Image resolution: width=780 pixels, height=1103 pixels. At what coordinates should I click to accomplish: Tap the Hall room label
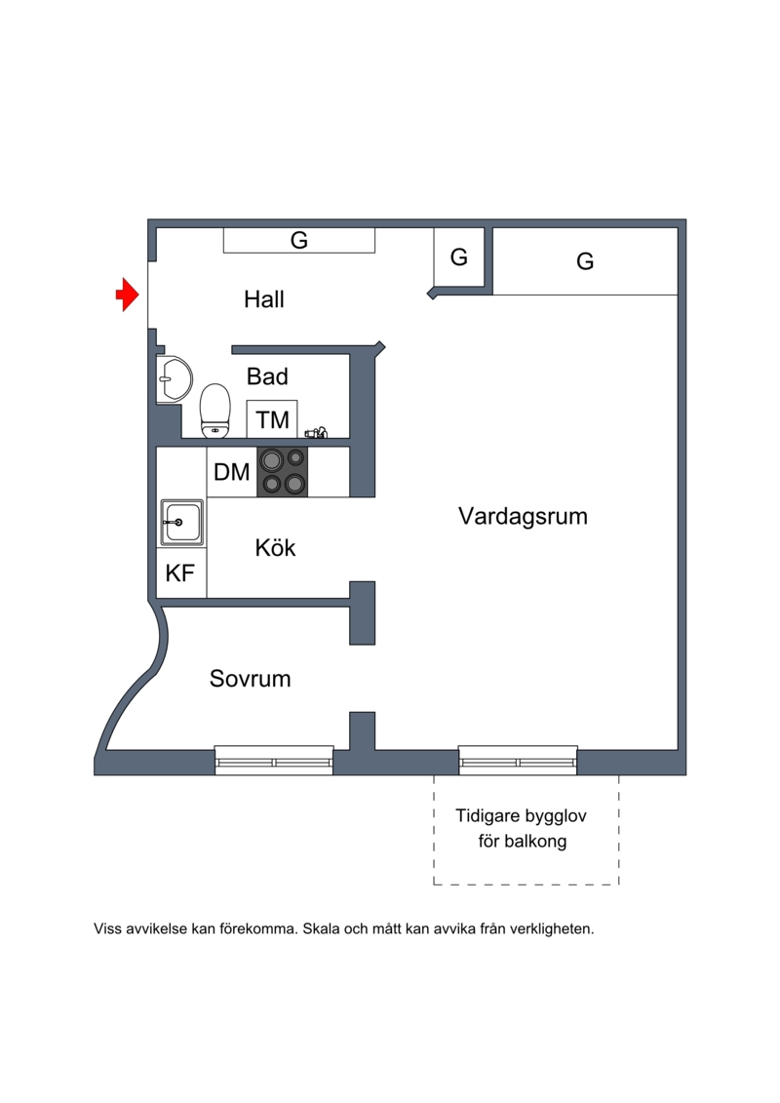pyautogui.click(x=264, y=299)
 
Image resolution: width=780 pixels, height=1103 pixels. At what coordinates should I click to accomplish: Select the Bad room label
pyautogui.click(x=267, y=376)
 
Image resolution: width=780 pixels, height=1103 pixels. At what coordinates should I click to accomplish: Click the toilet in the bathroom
pyautogui.click(x=214, y=410)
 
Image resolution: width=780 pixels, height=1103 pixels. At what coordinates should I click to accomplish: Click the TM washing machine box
pyautogui.click(x=272, y=419)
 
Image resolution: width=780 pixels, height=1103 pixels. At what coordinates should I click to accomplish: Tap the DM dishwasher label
pyautogui.click(x=232, y=473)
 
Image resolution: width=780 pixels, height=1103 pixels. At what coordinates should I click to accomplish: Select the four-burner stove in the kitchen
pyautogui.click(x=282, y=472)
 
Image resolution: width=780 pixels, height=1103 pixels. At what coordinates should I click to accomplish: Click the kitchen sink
pyautogui.click(x=182, y=523)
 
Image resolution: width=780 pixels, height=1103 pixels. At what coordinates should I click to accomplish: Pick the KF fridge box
pyautogui.click(x=180, y=573)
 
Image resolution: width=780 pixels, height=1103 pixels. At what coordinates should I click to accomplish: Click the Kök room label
pyautogui.click(x=275, y=548)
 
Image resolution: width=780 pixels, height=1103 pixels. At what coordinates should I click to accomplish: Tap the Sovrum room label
pyautogui.click(x=251, y=679)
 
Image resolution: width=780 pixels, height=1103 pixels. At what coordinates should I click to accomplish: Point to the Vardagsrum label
pyautogui.click(x=523, y=517)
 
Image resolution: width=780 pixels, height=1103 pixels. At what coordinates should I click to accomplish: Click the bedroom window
pyautogui.click(x=274, y=760)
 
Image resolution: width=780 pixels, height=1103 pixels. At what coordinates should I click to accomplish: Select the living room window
pyautogui.click(x=518, y=760)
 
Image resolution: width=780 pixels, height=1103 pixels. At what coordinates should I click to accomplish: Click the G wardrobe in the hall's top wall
pyautogui.click(x=299, y=240)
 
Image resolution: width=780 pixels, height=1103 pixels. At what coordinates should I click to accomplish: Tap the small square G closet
pyautogui.click(x=459, y=258)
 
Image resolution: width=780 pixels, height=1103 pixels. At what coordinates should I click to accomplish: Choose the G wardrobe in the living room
pyautogui.click(x=585, y=261)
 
